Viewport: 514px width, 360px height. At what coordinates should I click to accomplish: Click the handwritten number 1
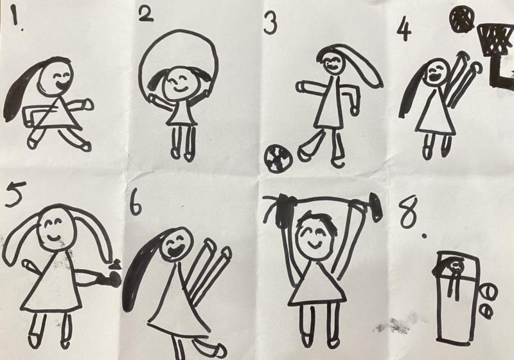point(13,16)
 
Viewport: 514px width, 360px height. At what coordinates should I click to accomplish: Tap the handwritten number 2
point(146,14)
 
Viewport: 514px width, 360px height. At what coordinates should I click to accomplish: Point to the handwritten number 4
point(404,30)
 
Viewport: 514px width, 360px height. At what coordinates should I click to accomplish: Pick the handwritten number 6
point(136,203)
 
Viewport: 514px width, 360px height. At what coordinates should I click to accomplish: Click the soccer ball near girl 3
point(278,159)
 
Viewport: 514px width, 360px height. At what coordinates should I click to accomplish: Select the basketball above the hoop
point(462,20)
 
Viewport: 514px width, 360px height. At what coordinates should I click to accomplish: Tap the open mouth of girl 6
point(174,251)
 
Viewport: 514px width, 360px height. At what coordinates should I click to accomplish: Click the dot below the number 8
point(425,235)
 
